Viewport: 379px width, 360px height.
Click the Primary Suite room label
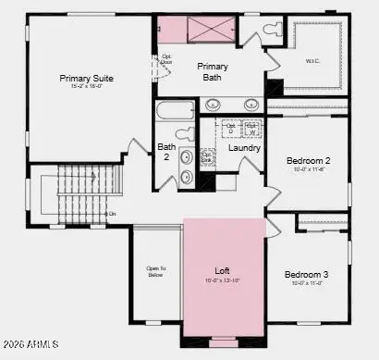tap(87, 79)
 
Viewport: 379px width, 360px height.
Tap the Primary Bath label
tap(213, 72)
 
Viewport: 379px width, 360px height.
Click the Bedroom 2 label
tap(308, 160)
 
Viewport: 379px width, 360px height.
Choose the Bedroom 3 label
tap(307, 275)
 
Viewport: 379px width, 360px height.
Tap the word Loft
tap(222, 271)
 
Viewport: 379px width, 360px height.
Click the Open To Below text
tap(155, 272)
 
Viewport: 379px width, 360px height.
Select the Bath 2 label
tap(167, 152)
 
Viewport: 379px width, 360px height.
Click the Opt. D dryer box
tap(232, 129)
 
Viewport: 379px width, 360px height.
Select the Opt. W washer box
tap(251, 129)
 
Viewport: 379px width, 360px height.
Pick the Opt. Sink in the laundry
tap(207, 157)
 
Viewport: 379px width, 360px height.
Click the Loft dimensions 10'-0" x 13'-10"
tap(222, 280)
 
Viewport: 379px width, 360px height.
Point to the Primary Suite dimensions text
tap(87, 88)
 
